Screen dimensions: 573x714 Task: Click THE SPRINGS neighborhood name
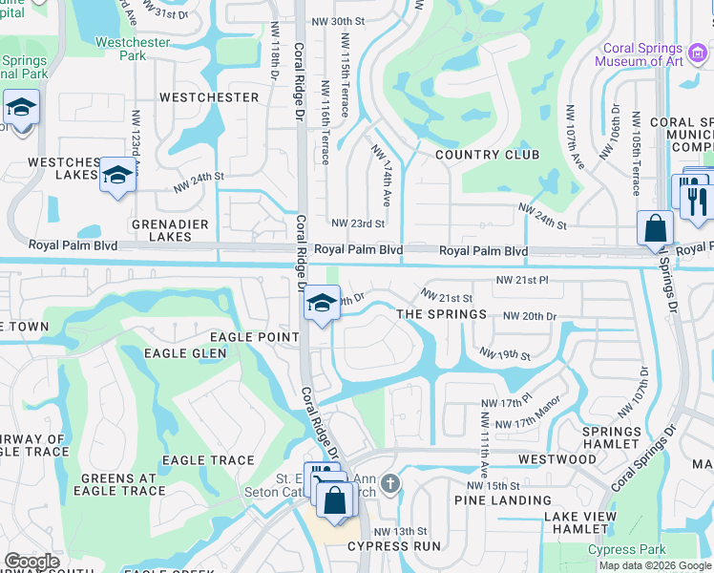point(441,314)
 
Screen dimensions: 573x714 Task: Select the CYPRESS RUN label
point(394,546)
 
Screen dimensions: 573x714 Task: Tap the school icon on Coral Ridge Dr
point(323,304)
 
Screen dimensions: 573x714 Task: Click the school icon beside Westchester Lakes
point(117,175)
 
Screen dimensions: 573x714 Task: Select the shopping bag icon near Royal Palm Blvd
point(655,228)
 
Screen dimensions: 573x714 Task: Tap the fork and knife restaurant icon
point(696,198)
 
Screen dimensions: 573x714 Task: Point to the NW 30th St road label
point(339,21)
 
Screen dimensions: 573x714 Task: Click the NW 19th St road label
point(505,354)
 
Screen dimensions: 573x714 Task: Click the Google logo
point(32,561)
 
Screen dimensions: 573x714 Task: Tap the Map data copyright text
point(655,565)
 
